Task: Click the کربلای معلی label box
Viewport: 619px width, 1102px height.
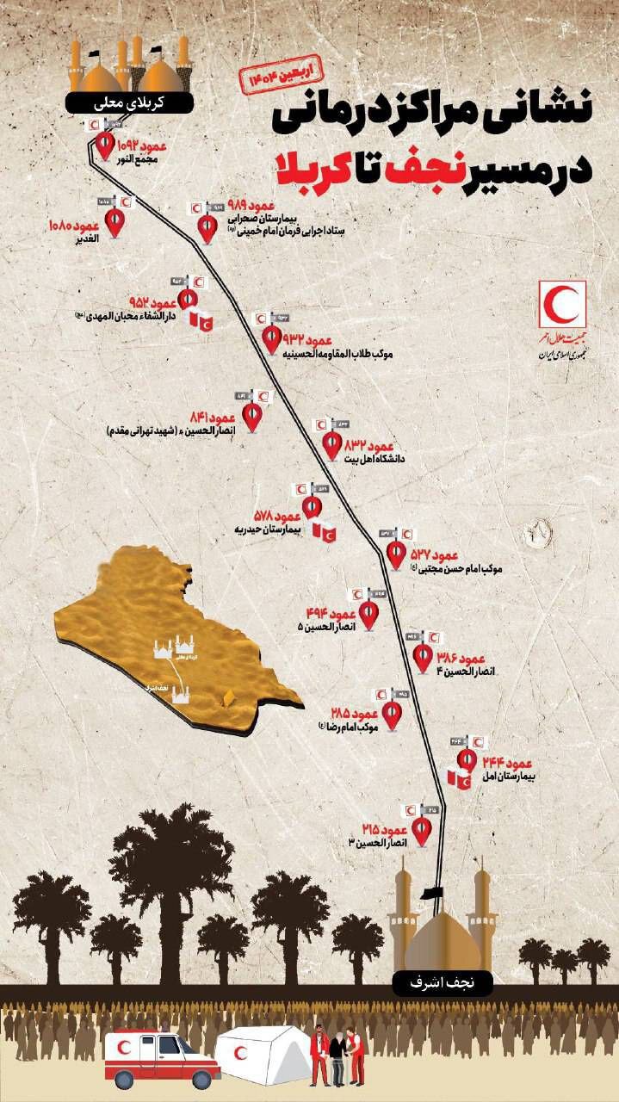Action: click(130, 102)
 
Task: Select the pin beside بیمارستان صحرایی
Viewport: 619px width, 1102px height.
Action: click(207, 228)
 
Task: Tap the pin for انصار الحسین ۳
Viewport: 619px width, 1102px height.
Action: click(422, 830)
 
